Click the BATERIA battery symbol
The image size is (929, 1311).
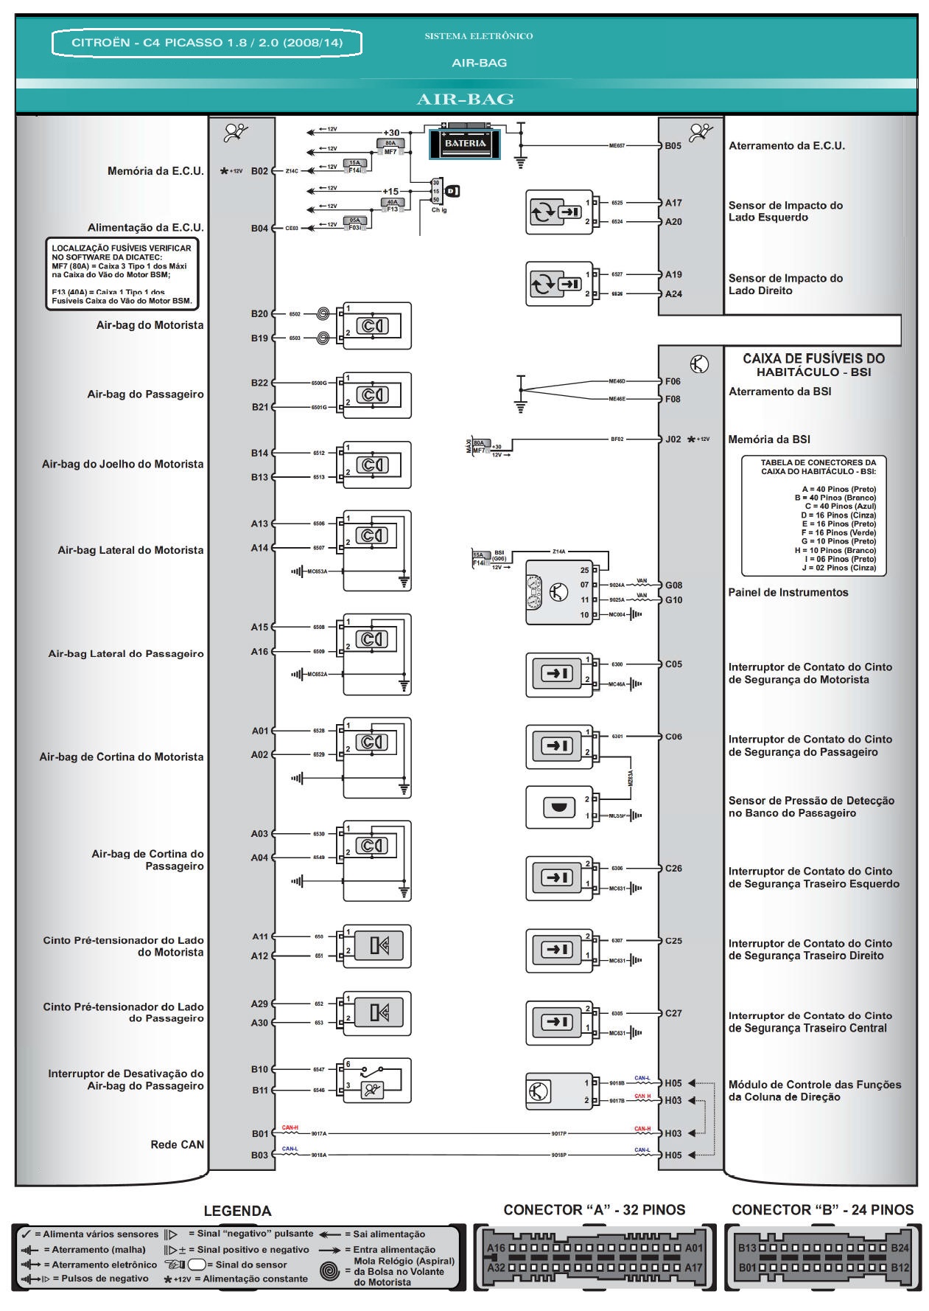(x=465, y=143)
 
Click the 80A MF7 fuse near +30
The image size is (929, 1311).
(x=390, y=146)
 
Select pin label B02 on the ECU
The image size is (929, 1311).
(x=259, y=171)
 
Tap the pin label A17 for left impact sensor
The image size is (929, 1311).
(x=673, y=203)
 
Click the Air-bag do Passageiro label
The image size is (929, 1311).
(x=145, y=394)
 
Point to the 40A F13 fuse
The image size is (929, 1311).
(x=392, y=204)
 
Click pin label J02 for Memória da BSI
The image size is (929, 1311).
(x=673, y=439)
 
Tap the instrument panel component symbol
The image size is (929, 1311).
(x=559, y=592)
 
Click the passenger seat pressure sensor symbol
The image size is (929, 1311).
(x=558, y=807)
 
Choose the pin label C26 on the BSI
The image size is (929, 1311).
(x=673, y=869)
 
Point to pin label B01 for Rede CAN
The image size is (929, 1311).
(x=259, y=1133)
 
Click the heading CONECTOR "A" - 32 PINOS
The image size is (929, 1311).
(x=594, y=1210)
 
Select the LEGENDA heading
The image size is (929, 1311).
(x=237, y=1211)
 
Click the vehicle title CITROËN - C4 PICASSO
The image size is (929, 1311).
(x=207, y=43)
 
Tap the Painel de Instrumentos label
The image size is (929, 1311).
(x=788, y=592)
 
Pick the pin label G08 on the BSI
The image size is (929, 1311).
(x=673, y=585)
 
